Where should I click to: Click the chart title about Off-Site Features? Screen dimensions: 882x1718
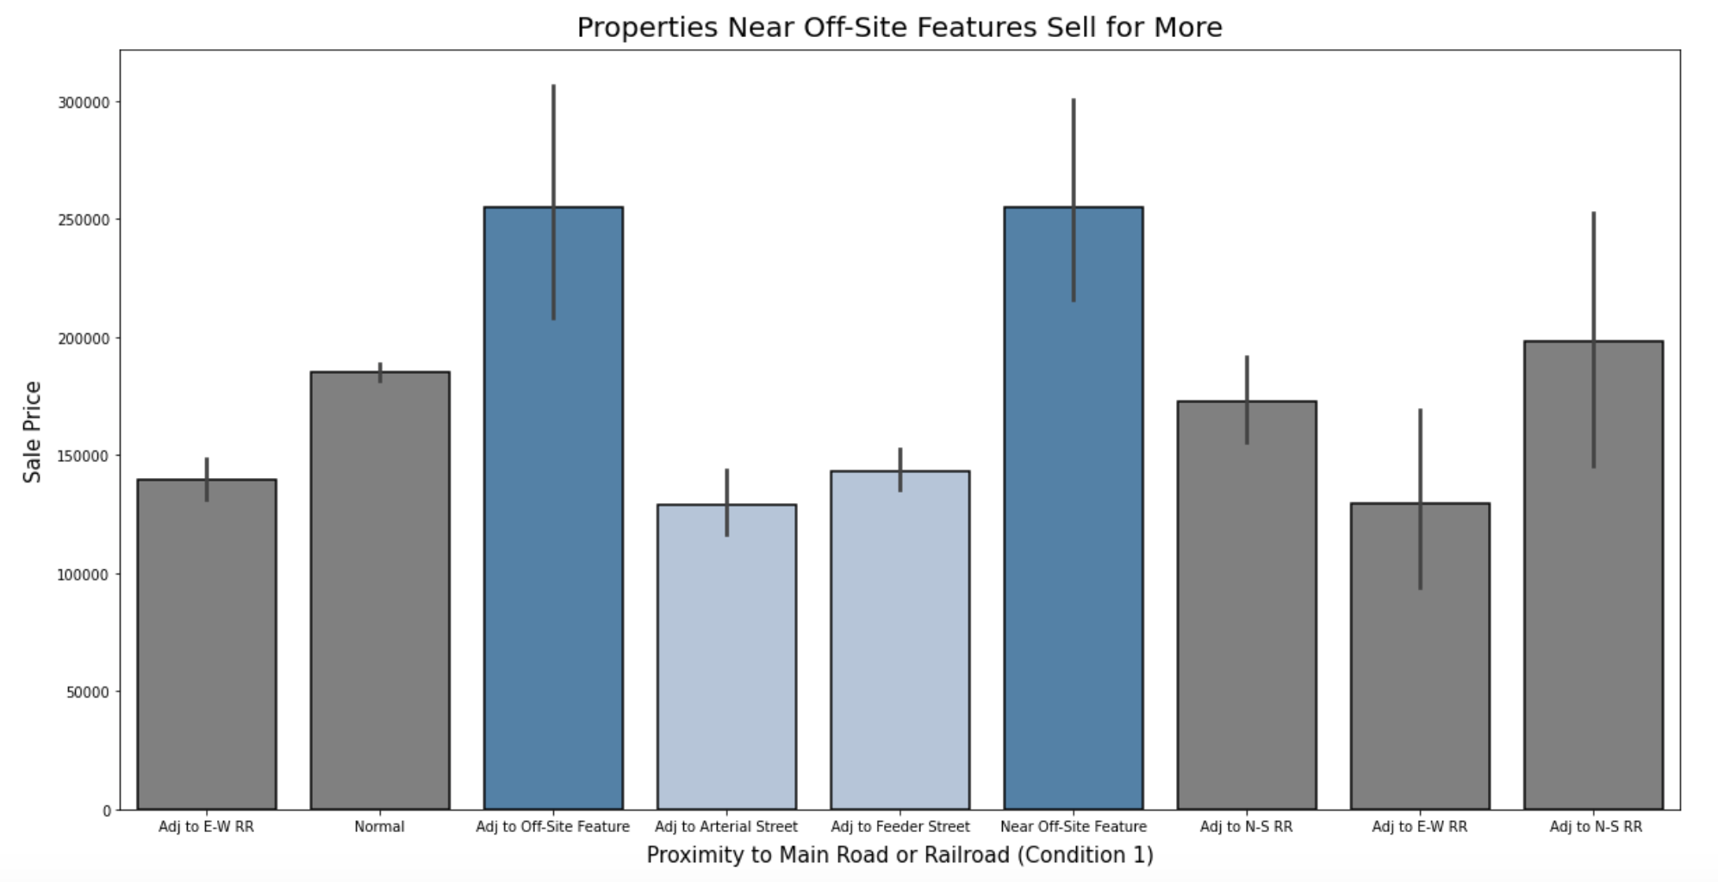899,28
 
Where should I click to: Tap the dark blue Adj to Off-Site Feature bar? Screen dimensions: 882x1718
553,517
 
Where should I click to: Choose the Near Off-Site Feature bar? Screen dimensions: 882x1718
1074,517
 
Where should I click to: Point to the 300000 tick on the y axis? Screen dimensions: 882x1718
84,102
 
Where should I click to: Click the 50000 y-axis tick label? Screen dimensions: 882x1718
87,693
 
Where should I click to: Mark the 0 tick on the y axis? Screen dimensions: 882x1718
107,811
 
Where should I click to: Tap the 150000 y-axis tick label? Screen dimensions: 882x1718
84,457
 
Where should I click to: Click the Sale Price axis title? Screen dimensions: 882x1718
33,432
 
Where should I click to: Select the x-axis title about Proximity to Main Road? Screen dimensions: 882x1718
899,855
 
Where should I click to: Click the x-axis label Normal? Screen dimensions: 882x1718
379,827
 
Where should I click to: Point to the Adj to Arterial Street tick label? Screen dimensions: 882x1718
726,827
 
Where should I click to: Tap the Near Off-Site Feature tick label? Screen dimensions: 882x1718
1074,827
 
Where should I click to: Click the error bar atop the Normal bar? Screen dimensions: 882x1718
380,372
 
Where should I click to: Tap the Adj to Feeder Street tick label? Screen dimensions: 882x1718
899,827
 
